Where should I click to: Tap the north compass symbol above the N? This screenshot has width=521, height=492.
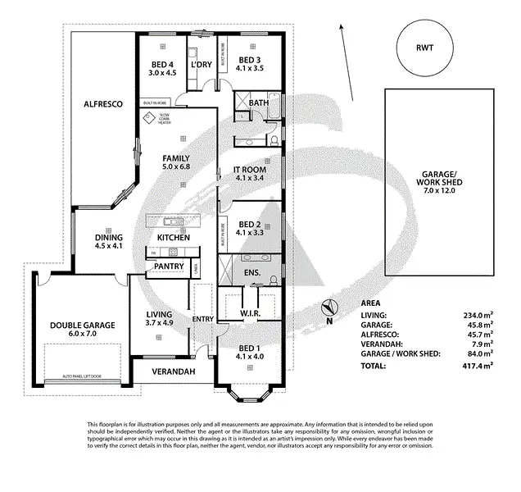(328, 308)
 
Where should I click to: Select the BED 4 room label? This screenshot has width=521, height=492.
(162, 66)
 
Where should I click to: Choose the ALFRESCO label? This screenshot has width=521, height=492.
(102, 104)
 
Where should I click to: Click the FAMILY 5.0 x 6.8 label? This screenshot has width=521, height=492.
(175, 162)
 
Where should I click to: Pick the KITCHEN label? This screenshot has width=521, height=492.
(174, 238)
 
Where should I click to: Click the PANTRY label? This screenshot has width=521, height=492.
(168, 266)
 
